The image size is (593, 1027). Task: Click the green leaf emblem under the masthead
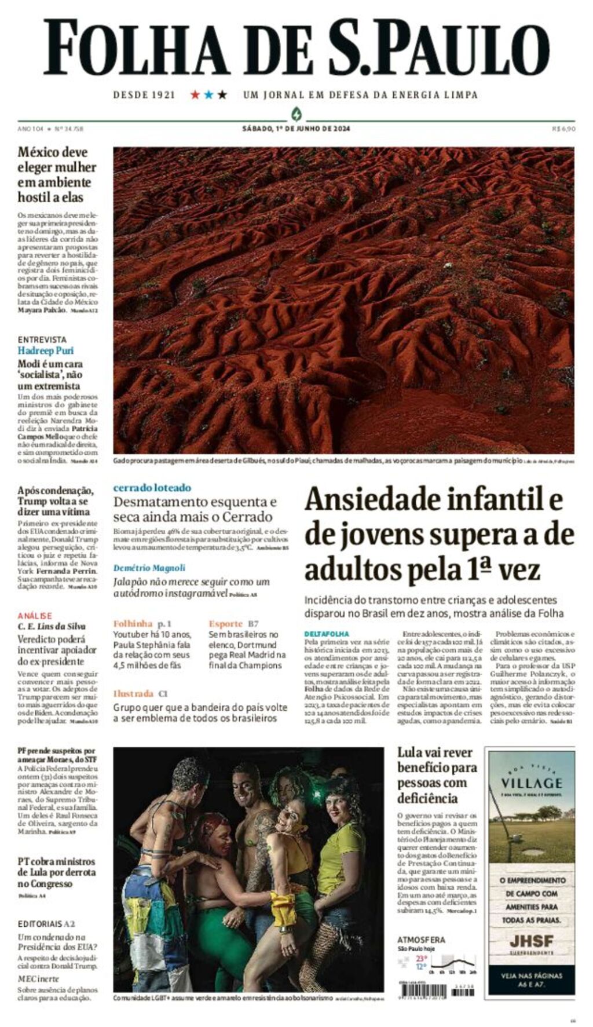(296, 113)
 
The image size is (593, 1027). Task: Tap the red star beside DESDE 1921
(195, 94)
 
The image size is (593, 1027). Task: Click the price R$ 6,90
(563, 129)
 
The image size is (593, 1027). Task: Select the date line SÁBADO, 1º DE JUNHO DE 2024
(296, 129)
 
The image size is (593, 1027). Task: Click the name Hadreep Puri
(45, 350)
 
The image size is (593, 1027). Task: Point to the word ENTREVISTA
(42, 339)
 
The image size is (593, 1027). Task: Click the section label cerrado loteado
(152, 488)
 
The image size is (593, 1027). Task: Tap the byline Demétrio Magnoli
(149, 568)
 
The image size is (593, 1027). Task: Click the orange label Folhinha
(133, 623)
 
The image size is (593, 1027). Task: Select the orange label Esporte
(225, 623)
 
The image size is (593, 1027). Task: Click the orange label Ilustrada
(133, 693)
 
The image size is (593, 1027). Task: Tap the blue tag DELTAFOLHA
(327, 634)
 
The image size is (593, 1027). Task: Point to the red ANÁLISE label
(34, 615)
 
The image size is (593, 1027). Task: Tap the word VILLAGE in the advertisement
(531, 783)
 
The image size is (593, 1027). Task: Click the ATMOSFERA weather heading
(421, 940)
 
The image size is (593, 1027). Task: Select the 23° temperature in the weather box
(421, 958)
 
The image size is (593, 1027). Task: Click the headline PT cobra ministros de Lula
(56, 872)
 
